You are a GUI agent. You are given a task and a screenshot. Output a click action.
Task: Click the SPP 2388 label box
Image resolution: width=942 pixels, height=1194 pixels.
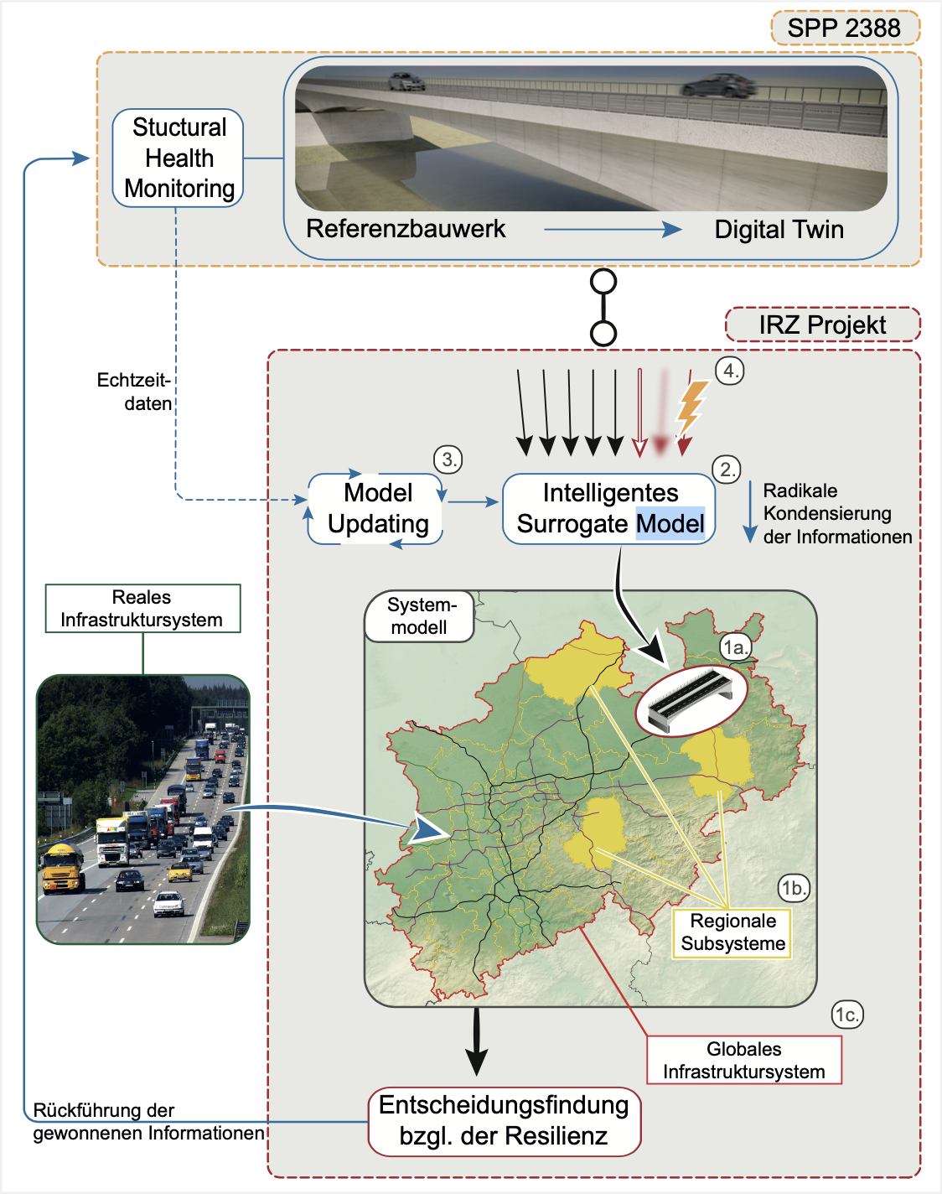tap(845, 28)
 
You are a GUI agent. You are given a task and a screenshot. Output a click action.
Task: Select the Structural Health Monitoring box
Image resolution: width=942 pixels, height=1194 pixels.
tap(179, 158)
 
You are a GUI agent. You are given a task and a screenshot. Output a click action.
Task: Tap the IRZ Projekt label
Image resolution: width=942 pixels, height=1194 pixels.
tap(822, 324)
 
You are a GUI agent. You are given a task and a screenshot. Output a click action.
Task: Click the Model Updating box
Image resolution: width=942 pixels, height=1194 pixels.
tap(377, 508)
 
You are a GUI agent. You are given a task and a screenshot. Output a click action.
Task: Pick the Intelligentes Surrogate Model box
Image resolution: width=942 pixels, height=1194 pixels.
tap(609, 508)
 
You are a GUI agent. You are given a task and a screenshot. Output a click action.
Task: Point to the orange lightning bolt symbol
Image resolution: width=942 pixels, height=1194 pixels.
tap(691, 407)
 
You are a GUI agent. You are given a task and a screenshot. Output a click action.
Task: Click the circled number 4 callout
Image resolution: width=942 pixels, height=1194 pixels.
tap(730, 371)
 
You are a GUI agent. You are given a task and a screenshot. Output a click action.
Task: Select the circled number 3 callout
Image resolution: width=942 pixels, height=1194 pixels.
tap(448, 459)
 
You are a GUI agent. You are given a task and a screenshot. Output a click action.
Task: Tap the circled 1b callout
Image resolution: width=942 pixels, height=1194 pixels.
tap(794, 888)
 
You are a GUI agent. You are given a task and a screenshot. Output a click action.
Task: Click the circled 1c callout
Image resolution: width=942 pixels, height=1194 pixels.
tap(847, 1015)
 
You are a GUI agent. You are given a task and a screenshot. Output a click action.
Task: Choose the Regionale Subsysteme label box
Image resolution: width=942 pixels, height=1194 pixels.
tap(732, 932)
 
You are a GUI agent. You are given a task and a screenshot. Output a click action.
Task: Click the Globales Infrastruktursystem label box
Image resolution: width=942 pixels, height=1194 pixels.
tap(743, 1060)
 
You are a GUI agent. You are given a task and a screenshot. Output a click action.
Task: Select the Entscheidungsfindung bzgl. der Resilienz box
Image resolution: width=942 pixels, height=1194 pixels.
tap(504, 1121)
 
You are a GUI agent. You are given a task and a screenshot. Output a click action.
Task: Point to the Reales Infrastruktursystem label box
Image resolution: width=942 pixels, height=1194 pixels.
tap(142, 608)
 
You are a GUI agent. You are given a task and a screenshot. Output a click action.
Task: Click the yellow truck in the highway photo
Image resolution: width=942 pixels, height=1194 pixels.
tap(63, 868)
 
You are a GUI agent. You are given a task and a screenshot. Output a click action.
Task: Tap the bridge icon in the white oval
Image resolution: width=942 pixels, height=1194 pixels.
tap(691, 698)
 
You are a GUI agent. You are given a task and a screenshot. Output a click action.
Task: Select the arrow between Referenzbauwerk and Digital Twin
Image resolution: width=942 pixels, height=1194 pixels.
tap(612, 229)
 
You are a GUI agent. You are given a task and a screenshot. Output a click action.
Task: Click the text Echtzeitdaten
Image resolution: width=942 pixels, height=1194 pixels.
tap(136, 392)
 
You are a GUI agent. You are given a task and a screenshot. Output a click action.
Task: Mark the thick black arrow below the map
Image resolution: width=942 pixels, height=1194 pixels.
tap(476, 1041)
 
